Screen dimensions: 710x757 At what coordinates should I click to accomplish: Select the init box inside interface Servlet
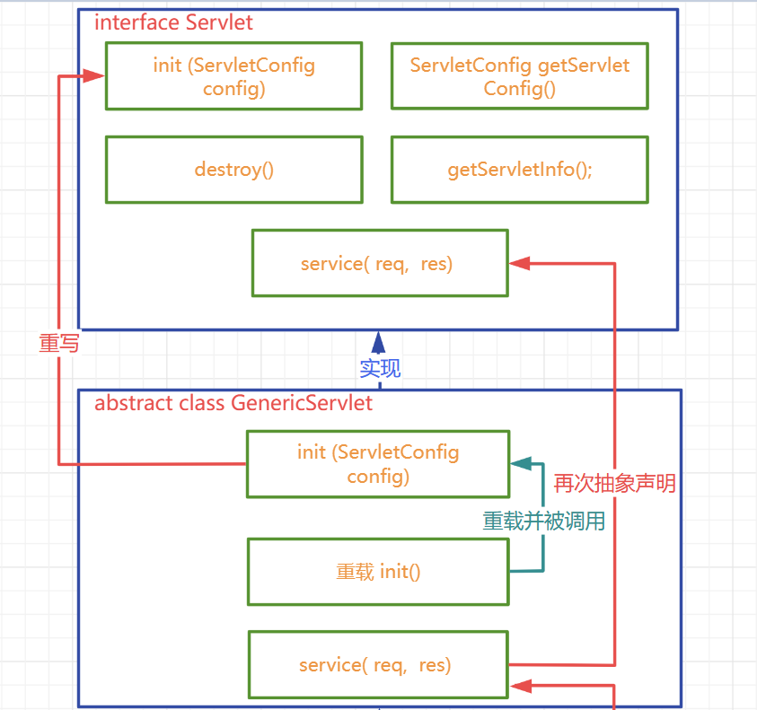[x=233, y=76]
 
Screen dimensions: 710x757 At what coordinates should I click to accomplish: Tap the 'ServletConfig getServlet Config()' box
[x=519, y=76]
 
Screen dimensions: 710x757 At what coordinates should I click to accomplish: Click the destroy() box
[x=233, y=169]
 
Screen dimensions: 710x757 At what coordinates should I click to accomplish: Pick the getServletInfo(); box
[x=519, y=169]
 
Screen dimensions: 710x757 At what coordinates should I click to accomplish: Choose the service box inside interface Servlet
[x=379, y=263]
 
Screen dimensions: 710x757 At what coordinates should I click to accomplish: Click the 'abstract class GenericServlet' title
[x=233, y=403]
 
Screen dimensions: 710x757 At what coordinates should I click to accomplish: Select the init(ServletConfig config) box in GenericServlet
[x=377, y=463]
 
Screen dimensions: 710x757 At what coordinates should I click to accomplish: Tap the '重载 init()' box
[x=377, y=571]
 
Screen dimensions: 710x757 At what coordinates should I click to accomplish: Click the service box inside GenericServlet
[x=377, y=664]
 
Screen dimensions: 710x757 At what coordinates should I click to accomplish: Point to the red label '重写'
[x=58, y=343]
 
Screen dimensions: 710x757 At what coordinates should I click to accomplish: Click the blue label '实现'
[x=379, y=368]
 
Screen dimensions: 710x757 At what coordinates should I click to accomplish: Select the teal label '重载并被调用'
[x=543, y=521]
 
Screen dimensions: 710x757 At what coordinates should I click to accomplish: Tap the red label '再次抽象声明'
[x=614, y=484]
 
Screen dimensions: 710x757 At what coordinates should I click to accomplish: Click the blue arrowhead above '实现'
[x=379, y=342]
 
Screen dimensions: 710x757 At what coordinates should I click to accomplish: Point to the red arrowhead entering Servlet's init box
[x=95, y=77]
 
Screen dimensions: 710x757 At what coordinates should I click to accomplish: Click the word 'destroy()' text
[x=233, y=169]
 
